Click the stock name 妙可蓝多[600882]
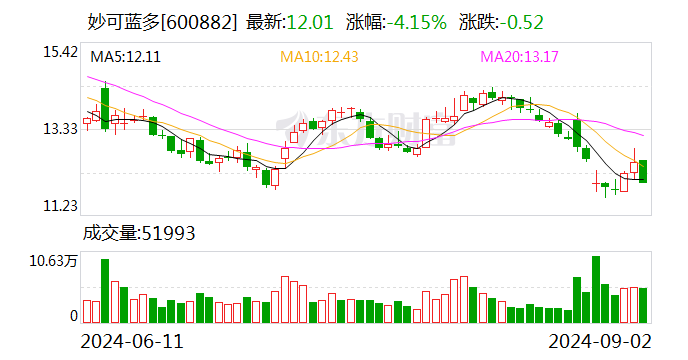[x=157, y=21]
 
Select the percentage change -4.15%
[x=411, y=21]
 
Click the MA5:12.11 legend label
[x=125, y=57]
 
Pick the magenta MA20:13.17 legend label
[x=523, y=57]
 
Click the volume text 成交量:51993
[x=137, y=233]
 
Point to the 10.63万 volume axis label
[x=53, y=261]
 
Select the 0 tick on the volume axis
[x=73, y=315]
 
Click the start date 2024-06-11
[x=132, y=341]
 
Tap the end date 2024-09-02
[x=597, y=341]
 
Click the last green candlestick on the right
[x=643, y=171]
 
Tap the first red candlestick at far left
[x=87, y=121]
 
